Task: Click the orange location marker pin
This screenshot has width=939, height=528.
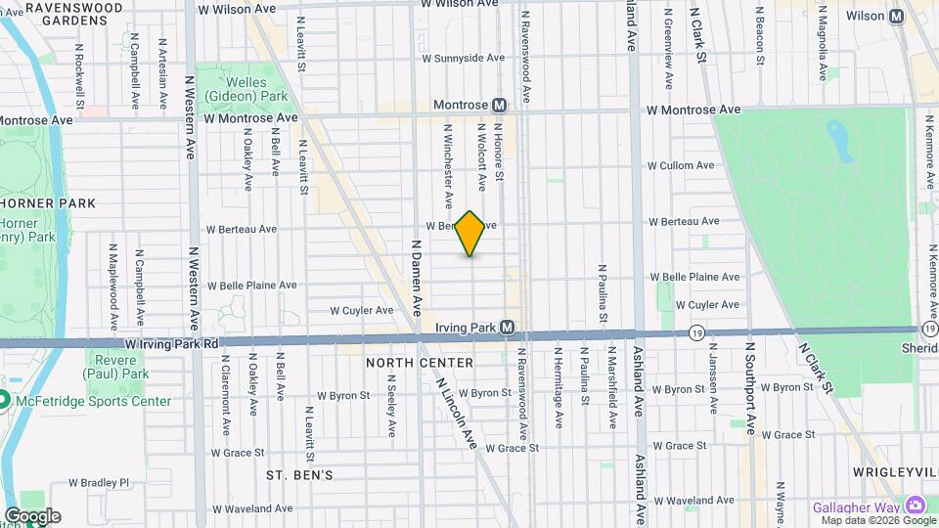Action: coord(470,233)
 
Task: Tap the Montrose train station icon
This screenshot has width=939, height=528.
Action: coord(499,105)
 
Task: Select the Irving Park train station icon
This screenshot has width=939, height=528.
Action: coord(508,327)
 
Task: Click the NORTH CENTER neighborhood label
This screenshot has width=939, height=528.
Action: coord(420,363)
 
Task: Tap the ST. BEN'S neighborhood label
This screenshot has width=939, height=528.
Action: coord(300,475)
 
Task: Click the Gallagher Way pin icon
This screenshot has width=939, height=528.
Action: coord(916,506)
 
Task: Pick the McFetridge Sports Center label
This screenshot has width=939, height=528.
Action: coord(92,401)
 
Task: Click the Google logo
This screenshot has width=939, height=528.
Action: coord(32,515)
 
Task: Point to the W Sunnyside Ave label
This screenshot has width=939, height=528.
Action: coord(463,58)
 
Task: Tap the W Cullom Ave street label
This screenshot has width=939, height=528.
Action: coord(682,166)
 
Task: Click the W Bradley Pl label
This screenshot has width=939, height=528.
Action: coord(99,482)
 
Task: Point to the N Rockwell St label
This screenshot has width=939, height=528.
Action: coord(78,68)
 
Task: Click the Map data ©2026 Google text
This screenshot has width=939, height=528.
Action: coord(877,520)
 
